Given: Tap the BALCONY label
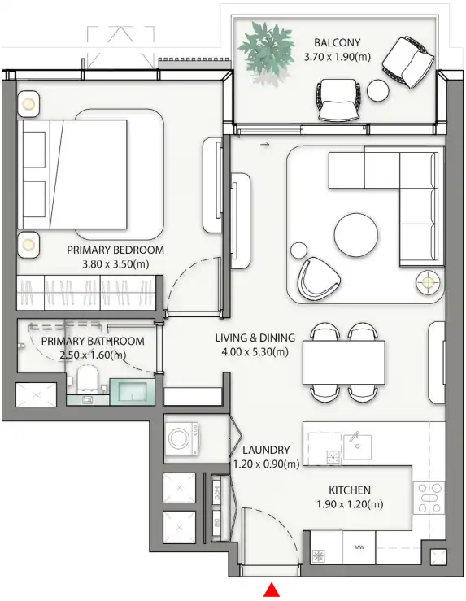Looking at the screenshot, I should click(x=337, y=43).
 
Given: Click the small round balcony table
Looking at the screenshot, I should click(x=378, y=90).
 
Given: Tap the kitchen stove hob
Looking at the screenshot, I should click(x=429, y=498).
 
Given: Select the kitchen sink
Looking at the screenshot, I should click(x=358, y=446).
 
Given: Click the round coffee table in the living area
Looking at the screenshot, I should click(x=355, y=236).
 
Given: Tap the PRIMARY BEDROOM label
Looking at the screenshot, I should click(x=115, y=250).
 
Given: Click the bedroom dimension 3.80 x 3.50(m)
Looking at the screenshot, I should click(x=115, y=264).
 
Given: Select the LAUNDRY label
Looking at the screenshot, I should click(x=266, y=450).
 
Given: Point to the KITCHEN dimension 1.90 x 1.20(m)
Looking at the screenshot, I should click(x=350, y=505).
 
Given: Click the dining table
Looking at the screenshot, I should click(x=343, y=362).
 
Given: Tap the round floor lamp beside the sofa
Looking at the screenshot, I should click(x=428, y=282).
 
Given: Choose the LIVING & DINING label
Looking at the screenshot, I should click(x=251, y=338).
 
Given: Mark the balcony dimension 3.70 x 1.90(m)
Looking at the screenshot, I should click(x=337, y=58).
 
